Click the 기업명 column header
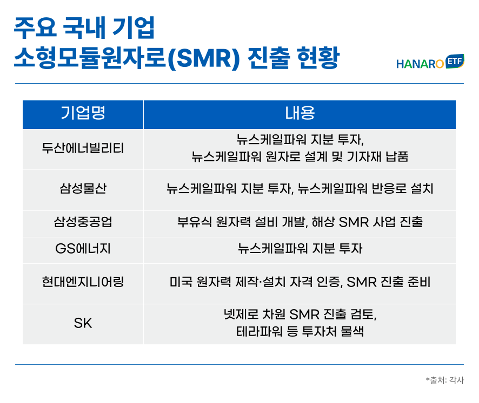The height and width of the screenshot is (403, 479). [83, 113]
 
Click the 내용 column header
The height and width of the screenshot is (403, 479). [300, 113]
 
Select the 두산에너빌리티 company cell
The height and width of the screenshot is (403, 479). [83, 148]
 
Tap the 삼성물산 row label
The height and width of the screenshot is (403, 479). [83, 188]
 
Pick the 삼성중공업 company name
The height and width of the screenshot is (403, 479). [83, 222]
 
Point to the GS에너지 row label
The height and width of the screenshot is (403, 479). [83, 249]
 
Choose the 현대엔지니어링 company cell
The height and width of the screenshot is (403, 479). [83, 282]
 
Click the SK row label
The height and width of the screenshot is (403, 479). [83, 323]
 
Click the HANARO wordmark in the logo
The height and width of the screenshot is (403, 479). [420, 64]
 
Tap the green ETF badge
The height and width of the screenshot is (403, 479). [455, 62]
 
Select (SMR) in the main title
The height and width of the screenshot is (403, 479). [204, 58]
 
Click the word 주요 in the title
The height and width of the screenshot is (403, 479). [36, 28]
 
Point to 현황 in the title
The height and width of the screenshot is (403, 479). [318, 58]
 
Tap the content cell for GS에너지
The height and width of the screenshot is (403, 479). [300, 249]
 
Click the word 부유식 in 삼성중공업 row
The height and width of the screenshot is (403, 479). [194, 222]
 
